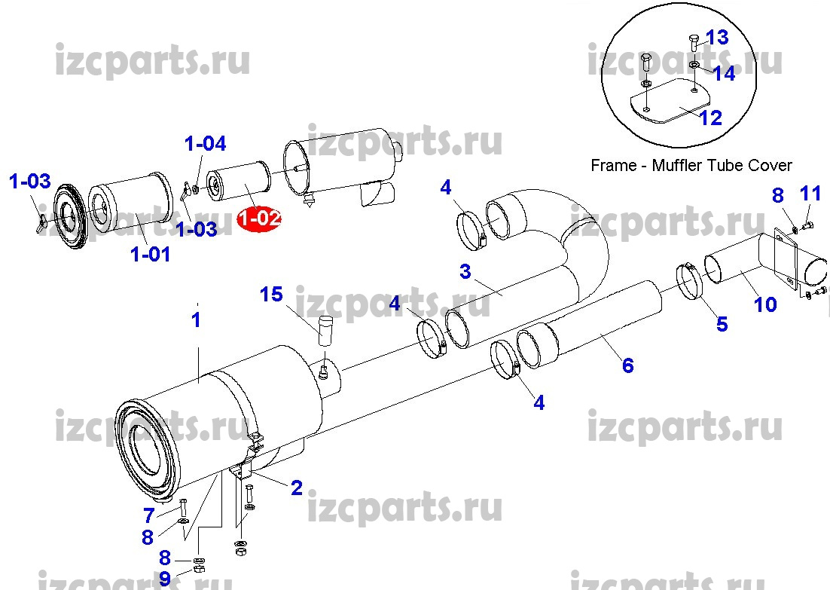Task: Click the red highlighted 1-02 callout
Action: [x=259, y=219]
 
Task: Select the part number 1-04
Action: [x=206, y=143]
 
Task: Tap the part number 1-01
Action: [x=151, y=254]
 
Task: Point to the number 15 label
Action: [x=272, y=295]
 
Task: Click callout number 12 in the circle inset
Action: [x=711, y=118]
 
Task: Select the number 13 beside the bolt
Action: [x=717, y=38]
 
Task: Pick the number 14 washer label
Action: [x=724, y=74]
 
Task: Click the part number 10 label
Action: [x=765, y=304]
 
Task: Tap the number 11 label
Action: [x=810, y=194]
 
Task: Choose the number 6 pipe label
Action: [x=628, y=365]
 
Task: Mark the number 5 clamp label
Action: [x=722, y=324]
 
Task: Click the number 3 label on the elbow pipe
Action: [x=465, y=272]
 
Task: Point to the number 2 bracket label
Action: [x=297, y=488]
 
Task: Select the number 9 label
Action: [x=165, y=579]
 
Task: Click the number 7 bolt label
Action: [x=148, y=515]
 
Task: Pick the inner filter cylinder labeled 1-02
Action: [x=238, y=182]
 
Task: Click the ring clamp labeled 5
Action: [x=690, y=281]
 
